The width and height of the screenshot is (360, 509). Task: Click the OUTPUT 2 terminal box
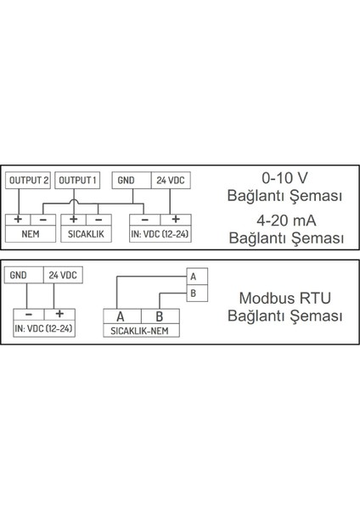[x=29, y=181]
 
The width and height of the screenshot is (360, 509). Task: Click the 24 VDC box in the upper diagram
[x=171, y=181]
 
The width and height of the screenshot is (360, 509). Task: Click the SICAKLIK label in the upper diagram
[x=85, y=233]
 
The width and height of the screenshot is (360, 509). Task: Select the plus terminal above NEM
[x=18, y=220]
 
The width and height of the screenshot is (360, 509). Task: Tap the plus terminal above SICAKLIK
[x=74, y=220]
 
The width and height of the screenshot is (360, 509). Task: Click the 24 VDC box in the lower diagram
[x=62, y=276]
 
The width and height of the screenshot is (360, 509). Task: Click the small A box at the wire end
[x=194, y=277]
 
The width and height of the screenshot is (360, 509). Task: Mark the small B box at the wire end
[x=194, y=294]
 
